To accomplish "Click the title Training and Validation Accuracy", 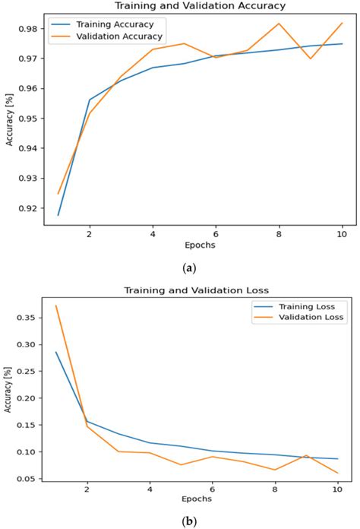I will [200, 6].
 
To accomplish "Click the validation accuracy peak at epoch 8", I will [278, 24].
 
